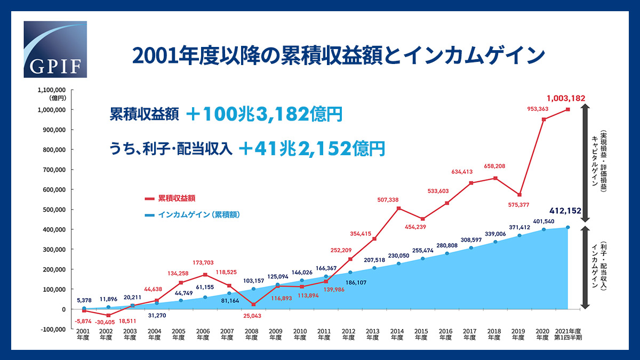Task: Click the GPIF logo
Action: pyautogui.click(x=55, y=50)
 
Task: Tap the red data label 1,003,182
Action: pyautogui.click(x=566, y=98)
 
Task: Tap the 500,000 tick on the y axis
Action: pyautogui.click(x=52, y=210)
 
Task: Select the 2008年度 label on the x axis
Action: pyautogui.click(x=251, y=334)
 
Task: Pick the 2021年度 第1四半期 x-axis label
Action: pyautogui.click(x=568, y=334)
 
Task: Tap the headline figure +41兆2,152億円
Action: pyautogui.click(x=312, y=149)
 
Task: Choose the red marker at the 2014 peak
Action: pyautogui.click(x=398, y=208)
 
